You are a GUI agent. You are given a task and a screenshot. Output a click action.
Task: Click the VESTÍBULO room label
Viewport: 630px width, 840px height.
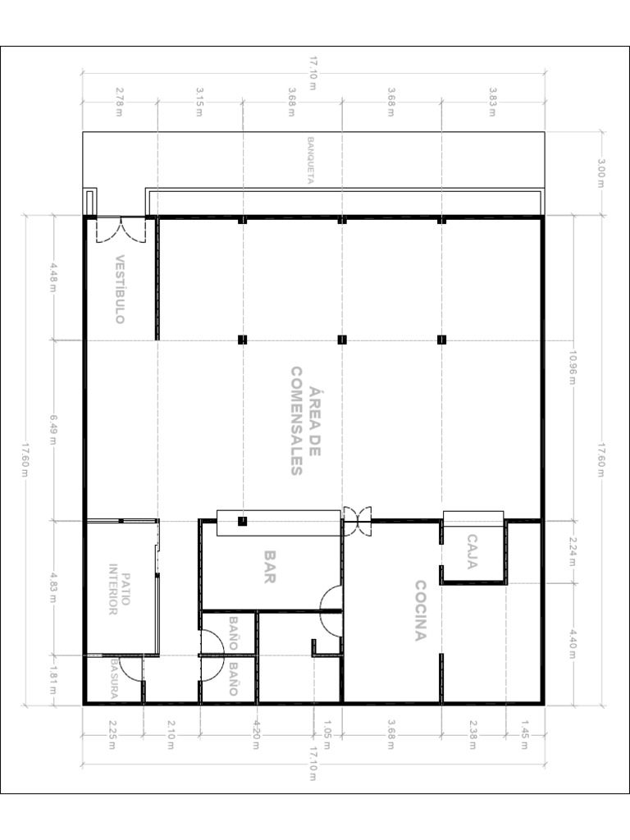[120, 290]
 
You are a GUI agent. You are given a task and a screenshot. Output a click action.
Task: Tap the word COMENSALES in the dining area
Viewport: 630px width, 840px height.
[297, 421]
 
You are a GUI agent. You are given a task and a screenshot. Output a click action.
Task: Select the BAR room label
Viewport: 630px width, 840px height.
[269, 568]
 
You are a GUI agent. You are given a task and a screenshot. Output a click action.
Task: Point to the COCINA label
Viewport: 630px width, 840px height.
[421, 610]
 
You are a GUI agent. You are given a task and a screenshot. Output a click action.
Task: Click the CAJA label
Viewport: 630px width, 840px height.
[472, 552]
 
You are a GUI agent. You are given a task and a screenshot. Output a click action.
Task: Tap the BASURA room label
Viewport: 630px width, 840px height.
[114, 678]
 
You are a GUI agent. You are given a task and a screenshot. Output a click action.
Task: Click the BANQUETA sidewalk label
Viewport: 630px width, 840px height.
[310, 161]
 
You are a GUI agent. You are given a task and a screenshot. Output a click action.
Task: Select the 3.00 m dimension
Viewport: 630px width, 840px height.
[600, 173]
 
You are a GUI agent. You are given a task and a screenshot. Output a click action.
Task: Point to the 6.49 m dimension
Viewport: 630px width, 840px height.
[53, 430]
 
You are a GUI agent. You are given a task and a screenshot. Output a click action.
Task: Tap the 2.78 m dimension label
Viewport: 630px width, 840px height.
[118, 102]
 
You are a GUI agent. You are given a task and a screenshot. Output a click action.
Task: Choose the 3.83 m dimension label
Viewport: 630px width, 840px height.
[492, 102]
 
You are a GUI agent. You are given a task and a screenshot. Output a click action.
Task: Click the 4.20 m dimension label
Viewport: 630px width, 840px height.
[256, 734]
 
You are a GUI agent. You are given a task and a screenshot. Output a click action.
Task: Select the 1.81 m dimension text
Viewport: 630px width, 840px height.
[53, 680]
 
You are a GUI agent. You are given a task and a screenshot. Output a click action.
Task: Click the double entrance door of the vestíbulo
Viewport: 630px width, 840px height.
[121, 231]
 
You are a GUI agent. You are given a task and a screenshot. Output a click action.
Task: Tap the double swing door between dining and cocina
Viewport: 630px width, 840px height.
[357, 521]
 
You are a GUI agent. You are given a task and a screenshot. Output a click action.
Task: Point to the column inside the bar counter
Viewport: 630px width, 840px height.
[242, 521]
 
